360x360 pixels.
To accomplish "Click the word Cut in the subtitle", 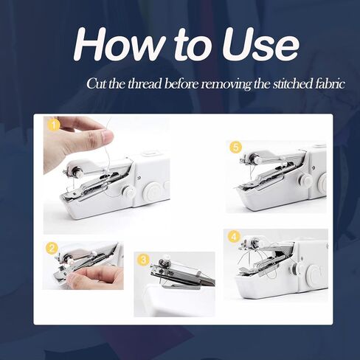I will click(96, 83).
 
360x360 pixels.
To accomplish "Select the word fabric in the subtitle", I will click(328, 83).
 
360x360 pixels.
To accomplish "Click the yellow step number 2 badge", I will click(52, 249).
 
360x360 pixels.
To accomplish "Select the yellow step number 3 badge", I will click(143, 260).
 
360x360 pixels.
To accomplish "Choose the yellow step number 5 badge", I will click(235, 148).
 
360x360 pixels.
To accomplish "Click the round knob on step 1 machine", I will click(129, 193).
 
